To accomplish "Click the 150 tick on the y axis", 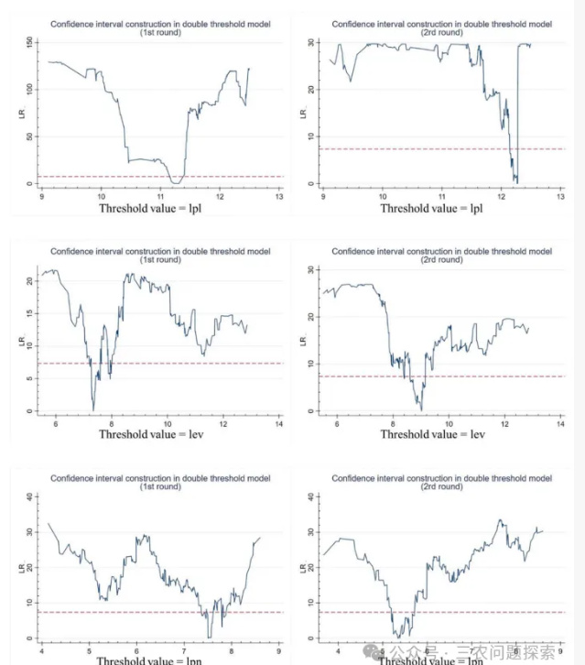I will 30,42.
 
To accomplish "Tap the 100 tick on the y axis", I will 30,89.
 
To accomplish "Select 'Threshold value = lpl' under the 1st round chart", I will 147,208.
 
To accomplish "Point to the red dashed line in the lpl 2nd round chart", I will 430,148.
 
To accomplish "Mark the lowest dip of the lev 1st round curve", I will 93,409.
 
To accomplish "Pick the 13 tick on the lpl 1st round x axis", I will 278,195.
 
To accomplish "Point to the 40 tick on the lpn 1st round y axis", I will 30,497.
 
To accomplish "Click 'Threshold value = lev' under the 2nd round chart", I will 431,434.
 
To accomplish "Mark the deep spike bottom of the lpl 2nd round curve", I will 516,181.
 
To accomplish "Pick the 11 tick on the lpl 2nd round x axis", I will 442,195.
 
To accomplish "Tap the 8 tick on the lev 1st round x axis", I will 112,423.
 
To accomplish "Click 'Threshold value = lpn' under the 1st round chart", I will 149,660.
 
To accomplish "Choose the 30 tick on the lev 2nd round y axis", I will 311,270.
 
